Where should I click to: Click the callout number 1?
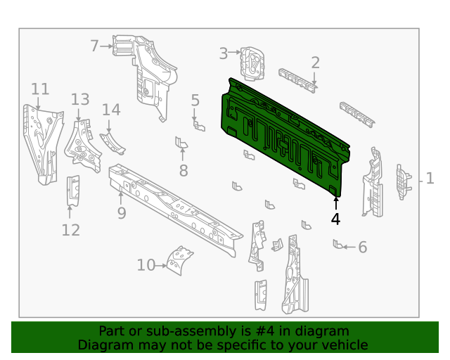coord(430,179)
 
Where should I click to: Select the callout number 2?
coord(315,63)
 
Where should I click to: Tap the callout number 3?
coord(224,53)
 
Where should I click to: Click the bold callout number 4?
coord(335,219)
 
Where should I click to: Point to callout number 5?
coord(195,101)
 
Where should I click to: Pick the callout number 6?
coord(363,247)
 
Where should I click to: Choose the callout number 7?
coord(95,46)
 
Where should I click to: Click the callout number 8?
coord(184,170)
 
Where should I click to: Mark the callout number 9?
coord(122,212)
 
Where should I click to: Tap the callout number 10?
coord(146,265)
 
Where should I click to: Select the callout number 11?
coord(40,89)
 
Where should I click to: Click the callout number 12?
coord(70,229)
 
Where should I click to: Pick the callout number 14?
coord(111,110)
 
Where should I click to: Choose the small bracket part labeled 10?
coord(181,261)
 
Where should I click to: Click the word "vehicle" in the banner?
coord(343,345)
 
